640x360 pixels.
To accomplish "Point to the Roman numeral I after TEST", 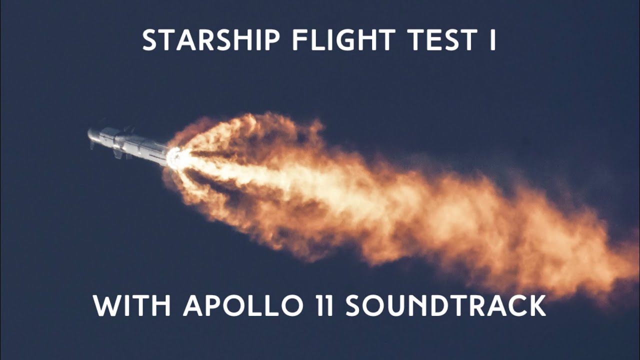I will point(492,40).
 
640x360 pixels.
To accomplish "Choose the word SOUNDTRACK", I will point(445,305).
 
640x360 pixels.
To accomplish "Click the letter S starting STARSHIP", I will point(149,40).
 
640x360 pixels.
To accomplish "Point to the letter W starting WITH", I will point(104,305).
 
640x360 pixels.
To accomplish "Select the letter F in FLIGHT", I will point(297,40).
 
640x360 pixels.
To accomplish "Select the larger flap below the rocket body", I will point(119,153).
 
